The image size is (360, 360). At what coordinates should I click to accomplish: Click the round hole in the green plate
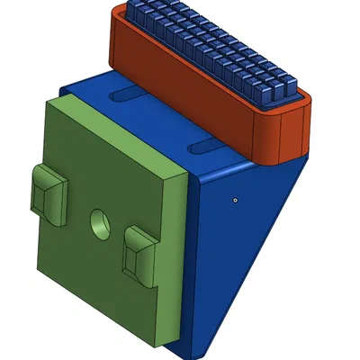click(98, 221)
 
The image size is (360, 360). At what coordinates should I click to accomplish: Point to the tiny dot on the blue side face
click(234, 200)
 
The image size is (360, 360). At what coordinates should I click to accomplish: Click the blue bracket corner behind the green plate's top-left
click(63, 89)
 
